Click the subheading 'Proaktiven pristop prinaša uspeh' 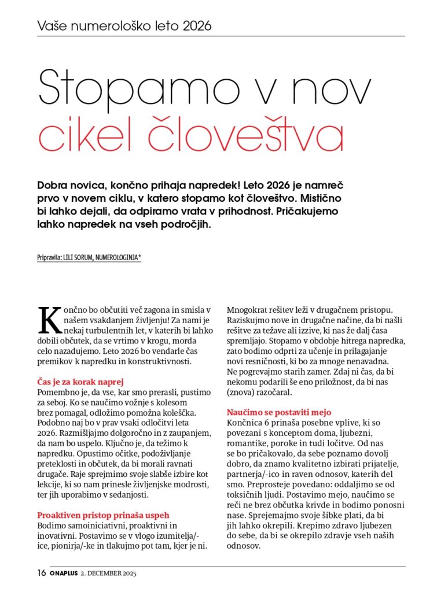[x=103, y=515]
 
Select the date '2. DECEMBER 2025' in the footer [x=112, y=573]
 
